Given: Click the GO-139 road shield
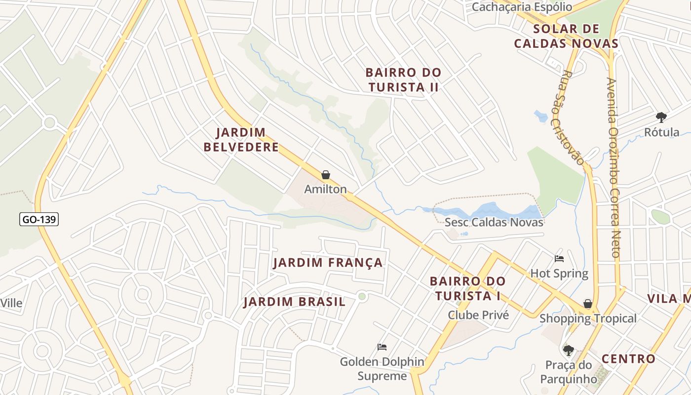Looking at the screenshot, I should [x=39, y=219].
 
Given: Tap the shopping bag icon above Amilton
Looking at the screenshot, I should [x=325, y=175].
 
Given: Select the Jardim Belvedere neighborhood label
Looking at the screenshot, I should [x=241, y=140].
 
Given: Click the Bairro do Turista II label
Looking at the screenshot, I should [x=403, y=79].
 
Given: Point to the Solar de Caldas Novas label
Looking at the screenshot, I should [x=566, y=36].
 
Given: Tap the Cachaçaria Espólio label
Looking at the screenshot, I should [x=522, y=7].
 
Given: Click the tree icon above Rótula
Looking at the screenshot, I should [x=661, y=118].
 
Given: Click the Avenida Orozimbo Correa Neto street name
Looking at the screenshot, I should [x=613, y=168].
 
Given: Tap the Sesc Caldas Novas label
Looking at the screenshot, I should [x=494, y=222].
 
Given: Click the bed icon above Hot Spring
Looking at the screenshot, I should [x=559, y=259].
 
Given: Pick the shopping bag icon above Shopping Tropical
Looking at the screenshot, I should [x=587, y=304].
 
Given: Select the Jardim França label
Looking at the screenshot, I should [x=328, y=263].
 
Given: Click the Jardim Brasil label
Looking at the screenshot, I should [x=295, y=302].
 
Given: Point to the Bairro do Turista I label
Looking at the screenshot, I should [x=467, y=288].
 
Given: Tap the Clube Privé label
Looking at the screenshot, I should [x=478, y=315].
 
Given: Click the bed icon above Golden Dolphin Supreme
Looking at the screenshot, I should [x=382, y=347].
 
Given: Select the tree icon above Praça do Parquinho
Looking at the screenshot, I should [x=568, y=351].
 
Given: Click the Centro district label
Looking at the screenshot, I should [x=628, y=359].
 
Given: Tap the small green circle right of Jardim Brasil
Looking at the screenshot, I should [x=362, y=296].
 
